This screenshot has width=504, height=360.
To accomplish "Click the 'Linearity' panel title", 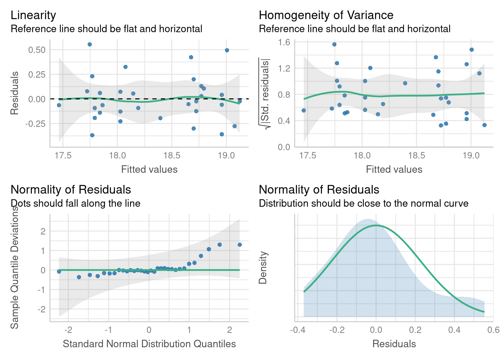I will pos(33,15).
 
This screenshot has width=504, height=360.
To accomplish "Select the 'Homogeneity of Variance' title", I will pos(326,15).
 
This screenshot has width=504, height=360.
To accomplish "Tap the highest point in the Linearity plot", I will pos(90,44).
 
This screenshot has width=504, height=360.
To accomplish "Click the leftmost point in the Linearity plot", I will pos(59,105).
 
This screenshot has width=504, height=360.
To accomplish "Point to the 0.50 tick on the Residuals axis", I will pos(37,50).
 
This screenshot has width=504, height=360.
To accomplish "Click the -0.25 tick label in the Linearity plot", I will pos(35,124).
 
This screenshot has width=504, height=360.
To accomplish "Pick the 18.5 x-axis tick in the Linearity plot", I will pos(172,156).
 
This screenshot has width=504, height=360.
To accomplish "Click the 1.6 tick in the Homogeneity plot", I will pos(284,42).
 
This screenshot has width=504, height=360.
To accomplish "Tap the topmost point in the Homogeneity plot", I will pos(334,44).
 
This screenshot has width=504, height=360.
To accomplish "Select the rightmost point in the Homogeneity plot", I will pos(484,125).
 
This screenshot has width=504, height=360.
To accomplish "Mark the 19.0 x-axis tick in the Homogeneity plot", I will pos(471,156).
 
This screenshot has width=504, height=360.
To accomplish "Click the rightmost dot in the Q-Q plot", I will pos(240,245).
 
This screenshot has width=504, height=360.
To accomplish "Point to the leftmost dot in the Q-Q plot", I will pos(59,271).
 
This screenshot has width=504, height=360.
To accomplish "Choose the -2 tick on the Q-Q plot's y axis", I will pos(42,309).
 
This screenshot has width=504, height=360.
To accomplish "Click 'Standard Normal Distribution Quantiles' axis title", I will pos(149,344).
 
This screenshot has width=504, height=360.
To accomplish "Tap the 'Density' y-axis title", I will pos(263,267).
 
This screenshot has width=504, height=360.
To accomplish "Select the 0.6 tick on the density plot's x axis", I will pos(494,330).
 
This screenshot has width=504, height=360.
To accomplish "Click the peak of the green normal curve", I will pos(376,225).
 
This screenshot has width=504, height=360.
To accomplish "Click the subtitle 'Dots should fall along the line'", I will pos(75,203).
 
